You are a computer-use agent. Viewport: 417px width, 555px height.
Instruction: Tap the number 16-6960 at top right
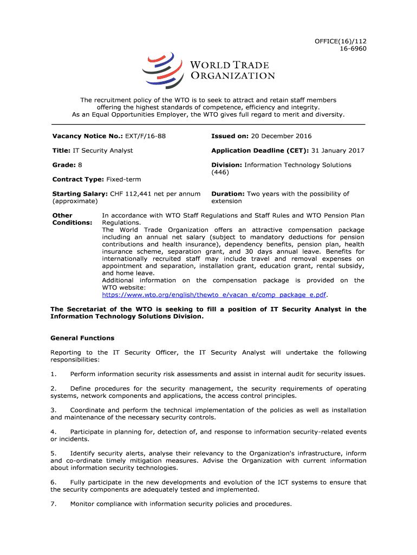(x=352, y=48)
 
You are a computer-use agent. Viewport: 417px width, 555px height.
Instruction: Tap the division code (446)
(x=220, y=172)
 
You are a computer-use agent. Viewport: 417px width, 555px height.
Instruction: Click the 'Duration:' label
(x=228, y=193)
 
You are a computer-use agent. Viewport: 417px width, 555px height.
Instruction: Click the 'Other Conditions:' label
(x=71, y=219)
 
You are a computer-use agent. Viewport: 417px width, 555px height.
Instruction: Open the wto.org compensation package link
(x=215, y=295)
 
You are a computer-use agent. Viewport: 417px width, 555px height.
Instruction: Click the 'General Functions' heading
(x=82, y=338)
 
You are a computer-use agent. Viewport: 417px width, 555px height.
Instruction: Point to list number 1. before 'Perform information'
(x=53, y=374)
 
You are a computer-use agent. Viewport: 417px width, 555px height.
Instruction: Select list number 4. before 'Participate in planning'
(x=53, y=431)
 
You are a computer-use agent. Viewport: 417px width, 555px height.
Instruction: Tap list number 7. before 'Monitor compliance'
(x=53, y=504)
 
